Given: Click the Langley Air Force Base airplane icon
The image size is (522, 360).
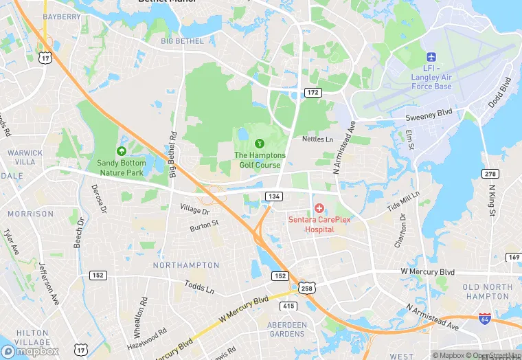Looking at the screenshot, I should (431, 57).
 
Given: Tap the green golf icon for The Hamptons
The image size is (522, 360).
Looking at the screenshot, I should (260, 144).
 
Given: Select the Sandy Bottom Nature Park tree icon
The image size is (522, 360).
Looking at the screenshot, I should (122, 151).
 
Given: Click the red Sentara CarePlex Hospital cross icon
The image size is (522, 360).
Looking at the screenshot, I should (319, 207).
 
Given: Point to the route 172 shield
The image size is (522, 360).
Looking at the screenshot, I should (313, 92).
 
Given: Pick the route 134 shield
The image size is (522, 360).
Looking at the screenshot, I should (274, 196).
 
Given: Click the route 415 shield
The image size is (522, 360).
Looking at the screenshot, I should (288, 306).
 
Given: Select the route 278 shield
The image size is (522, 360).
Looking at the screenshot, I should (490, 175).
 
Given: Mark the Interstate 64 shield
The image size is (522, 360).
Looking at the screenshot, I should (486, 319).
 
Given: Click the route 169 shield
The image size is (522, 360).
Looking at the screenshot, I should (513, 257).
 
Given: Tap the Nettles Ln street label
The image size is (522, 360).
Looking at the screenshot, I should (317, 139).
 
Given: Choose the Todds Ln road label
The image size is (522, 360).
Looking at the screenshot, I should (199, 286).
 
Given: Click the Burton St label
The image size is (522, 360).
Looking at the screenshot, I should (204, 223).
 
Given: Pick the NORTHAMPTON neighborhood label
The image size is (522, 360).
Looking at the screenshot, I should (186, 265).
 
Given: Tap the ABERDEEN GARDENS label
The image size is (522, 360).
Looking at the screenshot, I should (287, 329).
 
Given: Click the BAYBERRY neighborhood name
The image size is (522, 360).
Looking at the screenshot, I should (62, 16).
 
